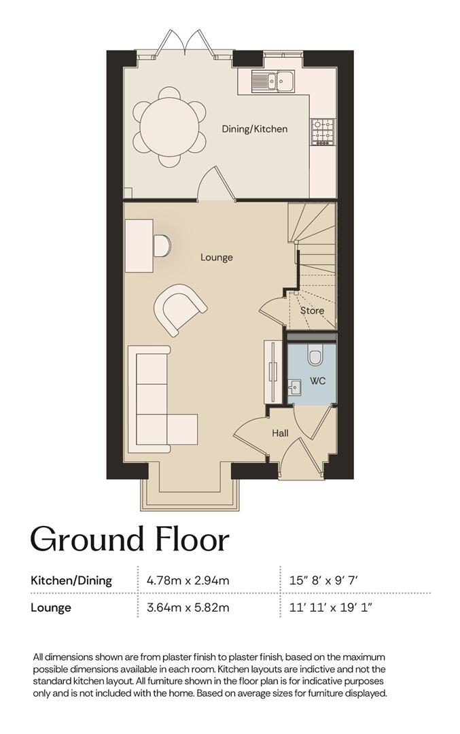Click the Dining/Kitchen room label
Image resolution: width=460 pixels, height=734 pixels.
coord(254,128)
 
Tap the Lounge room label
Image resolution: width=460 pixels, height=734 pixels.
coord(217,258)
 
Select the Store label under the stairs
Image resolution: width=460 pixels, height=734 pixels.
coord(312,311)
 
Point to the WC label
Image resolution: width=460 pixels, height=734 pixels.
coord(318,381)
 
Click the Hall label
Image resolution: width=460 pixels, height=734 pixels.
coord(281,433)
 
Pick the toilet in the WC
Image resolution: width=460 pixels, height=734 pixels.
coord(317,354)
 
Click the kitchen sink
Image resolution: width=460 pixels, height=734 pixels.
coord(273,80)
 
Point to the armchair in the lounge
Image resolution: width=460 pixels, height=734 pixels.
coord(179,309)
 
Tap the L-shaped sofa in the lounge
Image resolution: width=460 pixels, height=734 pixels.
coord(162,400)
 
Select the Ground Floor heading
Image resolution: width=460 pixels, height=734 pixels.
coord(130,540)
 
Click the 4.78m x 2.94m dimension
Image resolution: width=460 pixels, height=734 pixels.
coord(188,581)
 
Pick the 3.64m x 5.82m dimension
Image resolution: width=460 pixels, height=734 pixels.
coord(188,608)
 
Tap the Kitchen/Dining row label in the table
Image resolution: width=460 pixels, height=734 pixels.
coord(71,581)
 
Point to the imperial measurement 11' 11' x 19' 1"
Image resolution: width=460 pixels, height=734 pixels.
coord(331,608)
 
